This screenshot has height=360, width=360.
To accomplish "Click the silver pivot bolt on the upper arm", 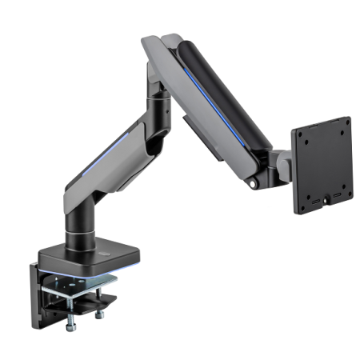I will click(255, 183).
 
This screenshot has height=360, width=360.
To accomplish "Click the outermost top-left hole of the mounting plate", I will click(300, 134).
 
